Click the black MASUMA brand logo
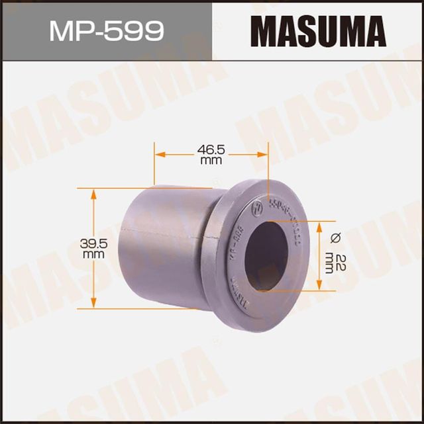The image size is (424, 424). coord(317,30)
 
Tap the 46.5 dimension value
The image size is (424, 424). coord(211,151)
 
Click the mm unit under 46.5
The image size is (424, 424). coord(211,161)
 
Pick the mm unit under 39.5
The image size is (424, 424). coord(94,253)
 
